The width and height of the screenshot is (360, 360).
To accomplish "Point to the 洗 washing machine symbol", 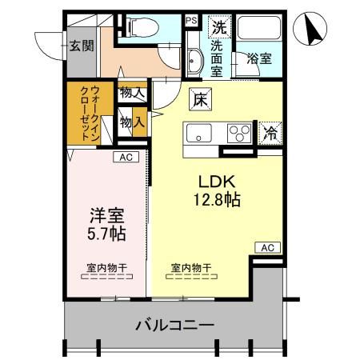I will (x=218, y=26).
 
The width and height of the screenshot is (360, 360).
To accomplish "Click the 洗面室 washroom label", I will (x=216, y=57).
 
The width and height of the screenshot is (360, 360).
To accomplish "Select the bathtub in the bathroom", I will (x=258, y=30).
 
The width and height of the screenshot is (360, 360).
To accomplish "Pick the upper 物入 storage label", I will (x=132, y=94).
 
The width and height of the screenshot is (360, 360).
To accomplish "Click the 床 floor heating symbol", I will (x=199, y=101).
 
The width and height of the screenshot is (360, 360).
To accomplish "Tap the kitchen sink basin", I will (x=198, y=133).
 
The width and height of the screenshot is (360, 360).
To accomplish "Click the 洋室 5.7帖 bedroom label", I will (x=106, y=223).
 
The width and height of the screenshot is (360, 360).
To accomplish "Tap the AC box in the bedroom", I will (x=125, y=158).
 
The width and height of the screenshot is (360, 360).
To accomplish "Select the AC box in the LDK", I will (x=266, y=248).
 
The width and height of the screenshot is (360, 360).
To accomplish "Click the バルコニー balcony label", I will (x=174, y=326).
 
